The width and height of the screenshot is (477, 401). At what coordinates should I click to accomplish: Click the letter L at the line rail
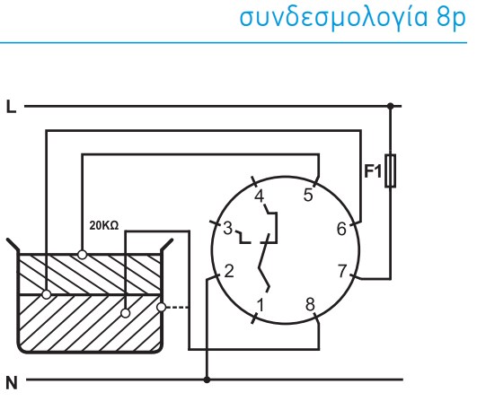[x=11, y=108]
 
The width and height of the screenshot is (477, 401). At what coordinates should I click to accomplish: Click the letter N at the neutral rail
[x=12, y=383]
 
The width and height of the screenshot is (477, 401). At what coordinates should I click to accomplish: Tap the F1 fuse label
[x=373, y=171]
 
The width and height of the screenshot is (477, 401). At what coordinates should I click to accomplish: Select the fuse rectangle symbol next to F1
[x=390, y=170]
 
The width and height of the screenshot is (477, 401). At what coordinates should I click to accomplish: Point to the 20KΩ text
[x=103, y=226]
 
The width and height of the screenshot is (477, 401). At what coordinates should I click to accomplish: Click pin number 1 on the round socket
[x=261, y=305]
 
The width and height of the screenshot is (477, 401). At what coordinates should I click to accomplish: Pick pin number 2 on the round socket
[x=229, y=271]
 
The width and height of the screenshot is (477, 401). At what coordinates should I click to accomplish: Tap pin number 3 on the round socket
[x=228, y=228]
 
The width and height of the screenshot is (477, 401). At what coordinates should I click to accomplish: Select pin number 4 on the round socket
[x=260, y=196]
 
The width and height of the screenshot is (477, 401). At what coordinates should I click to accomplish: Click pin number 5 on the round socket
[x=308, y=195]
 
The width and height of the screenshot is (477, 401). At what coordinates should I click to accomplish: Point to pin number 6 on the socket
[x=341, y=229]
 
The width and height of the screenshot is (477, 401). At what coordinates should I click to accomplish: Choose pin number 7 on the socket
[x=342, y=271]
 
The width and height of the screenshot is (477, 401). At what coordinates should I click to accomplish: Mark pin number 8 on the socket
[x=310, y=304]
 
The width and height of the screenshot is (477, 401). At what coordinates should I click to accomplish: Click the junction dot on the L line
[x=390, y=106]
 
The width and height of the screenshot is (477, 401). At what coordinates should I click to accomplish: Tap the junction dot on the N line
[x=207, y=379]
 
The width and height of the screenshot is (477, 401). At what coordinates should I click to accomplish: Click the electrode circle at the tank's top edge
[x=82, y=255]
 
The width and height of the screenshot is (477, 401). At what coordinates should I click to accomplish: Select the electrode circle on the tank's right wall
[x=161, y=307]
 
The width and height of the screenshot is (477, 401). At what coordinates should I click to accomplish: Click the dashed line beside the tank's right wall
[x=177, y=308]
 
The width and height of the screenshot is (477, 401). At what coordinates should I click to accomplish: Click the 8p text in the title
[x=451, y=19]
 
